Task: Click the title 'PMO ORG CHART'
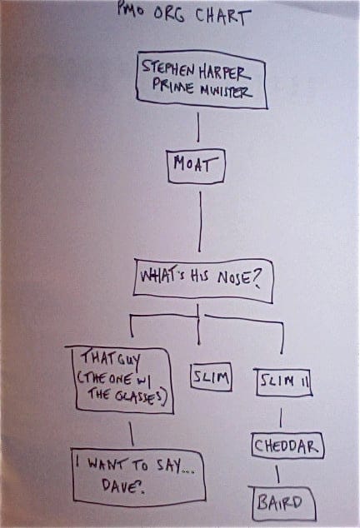pos(184,14)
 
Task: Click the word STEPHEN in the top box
pos(167,68)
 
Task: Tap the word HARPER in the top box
pos(224,72)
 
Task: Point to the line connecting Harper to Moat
pos(197,127)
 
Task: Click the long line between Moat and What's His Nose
pos(200,222)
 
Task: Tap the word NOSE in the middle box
pos(234,278)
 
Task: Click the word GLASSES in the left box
pos(141,396)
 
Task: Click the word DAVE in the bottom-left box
pos(122,486)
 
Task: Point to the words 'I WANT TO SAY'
pos(135,465)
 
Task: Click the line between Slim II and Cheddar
pos(281,417)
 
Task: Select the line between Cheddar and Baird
pos(277,475)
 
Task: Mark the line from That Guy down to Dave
pos(132,434)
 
